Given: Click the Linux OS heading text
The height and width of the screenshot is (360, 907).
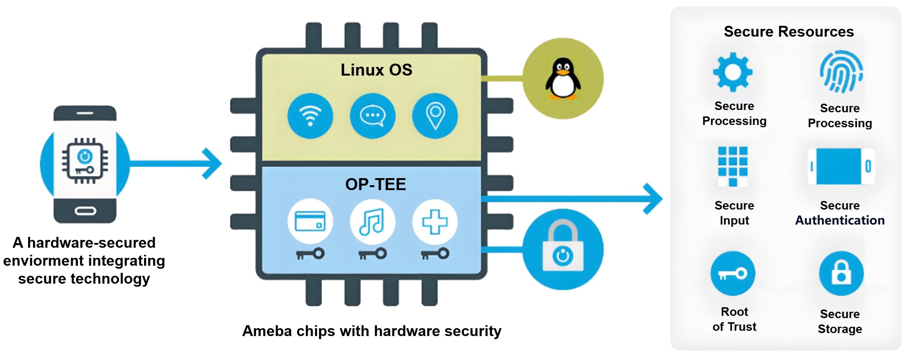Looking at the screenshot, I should coord(376,70).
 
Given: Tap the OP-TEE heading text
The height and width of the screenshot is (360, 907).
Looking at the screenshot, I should coord(375,184).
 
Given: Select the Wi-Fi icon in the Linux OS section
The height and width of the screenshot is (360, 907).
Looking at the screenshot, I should coord(310,116).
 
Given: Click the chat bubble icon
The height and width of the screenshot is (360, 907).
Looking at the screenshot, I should coord(372,116).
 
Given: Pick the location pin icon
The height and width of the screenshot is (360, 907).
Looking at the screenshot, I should coord(435,116).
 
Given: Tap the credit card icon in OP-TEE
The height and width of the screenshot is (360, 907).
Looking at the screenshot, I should coord(310,222).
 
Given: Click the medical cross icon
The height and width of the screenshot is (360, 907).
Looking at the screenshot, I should coord(435,222).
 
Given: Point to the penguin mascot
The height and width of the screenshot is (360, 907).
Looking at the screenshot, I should coord(563,79).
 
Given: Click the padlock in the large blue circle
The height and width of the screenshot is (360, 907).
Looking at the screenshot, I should coord(563,249).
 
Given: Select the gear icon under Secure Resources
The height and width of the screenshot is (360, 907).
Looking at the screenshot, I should coord(733,72).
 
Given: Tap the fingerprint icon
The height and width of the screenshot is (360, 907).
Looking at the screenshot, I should coord(841,72).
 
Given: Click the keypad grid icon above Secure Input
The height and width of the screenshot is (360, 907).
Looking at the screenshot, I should coord(733,166).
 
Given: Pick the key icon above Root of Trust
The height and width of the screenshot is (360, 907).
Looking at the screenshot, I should coord(733,274).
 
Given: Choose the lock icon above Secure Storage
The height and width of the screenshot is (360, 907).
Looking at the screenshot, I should coord(841,274).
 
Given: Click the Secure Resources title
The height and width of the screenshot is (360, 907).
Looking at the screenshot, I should coord(789,32).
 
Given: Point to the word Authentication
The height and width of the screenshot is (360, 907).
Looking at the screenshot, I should coord(840,220).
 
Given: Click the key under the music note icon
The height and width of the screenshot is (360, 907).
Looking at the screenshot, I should coord(372,254).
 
